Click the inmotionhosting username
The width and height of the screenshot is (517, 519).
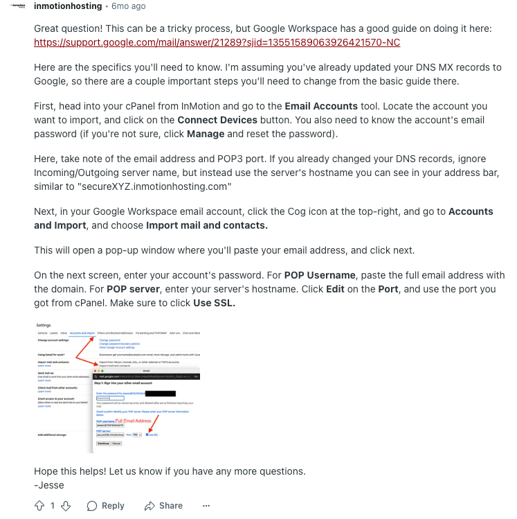click(67, 6)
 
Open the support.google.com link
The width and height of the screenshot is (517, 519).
click(217, 42)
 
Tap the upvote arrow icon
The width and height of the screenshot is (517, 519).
click(39, 506)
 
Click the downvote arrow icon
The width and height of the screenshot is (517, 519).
click(66, 506)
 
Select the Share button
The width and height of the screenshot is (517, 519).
click(163, 506)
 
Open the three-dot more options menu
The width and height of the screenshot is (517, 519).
click(206, 506)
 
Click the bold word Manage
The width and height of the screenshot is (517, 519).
click(206, 133)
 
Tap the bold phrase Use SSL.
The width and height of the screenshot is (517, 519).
click(214, 303)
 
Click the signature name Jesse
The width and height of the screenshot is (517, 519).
click(51, 484)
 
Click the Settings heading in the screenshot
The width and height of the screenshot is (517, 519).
click(44, 325)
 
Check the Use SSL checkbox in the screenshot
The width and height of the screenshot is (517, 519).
click(147, 434)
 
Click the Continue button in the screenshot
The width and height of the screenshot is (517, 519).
click(104, 443)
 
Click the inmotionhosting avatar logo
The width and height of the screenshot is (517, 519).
click(18, 6)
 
